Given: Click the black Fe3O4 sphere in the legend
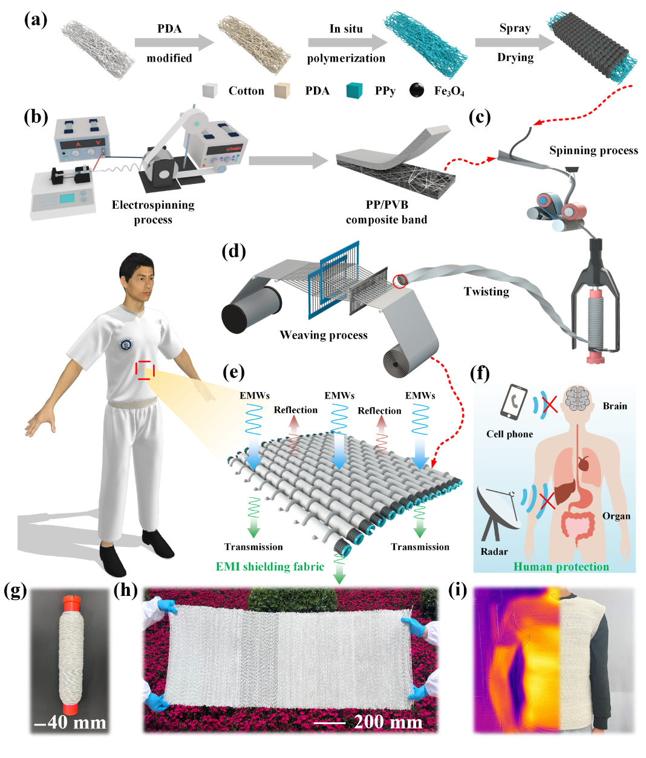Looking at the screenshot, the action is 417,90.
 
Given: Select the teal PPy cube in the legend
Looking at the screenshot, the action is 354,90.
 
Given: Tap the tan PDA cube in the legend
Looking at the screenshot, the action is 282,91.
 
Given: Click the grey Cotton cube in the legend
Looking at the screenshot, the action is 210,91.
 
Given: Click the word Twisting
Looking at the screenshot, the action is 486,292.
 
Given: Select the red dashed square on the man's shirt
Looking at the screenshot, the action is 145,370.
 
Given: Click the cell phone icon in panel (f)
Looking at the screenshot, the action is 514,402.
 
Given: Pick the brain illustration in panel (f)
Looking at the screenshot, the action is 578,398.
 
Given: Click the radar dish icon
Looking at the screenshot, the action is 499,512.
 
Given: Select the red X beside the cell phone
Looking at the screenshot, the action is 550,405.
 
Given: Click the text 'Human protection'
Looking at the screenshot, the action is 561,567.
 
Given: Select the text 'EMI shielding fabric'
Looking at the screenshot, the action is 270,567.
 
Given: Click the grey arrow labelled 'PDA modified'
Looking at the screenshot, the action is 174,42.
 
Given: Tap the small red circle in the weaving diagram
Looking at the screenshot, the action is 400,281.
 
